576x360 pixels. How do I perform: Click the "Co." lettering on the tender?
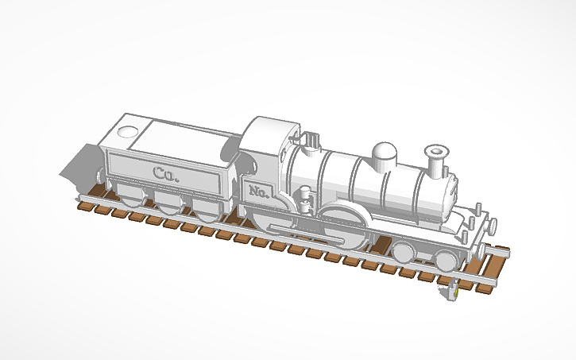tap(166, 173)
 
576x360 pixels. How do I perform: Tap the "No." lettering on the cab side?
tap(258, 192)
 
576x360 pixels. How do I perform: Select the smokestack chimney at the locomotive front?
tap(435, 162)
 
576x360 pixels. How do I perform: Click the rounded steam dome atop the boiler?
tap(385, 153)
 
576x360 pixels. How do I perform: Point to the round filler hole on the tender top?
tap(128, 131)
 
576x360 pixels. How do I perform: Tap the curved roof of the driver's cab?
tap(269, 126)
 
